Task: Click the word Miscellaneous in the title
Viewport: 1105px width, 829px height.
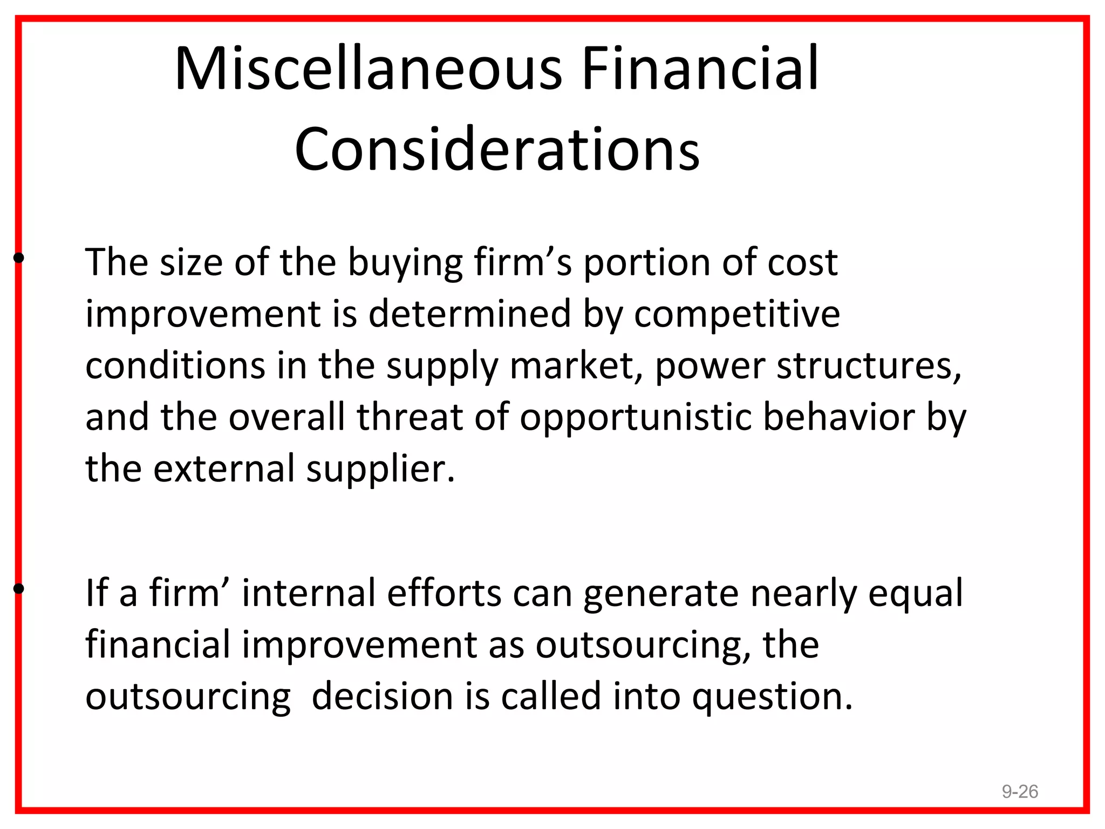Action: pos(369,69)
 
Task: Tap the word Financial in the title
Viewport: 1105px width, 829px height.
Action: pos(700,69)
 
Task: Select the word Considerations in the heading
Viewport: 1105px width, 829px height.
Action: pos(497,149)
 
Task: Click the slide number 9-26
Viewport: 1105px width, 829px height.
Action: pos(1020,791)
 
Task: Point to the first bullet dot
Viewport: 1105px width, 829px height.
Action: pos(19,259)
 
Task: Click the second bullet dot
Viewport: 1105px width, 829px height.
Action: pos(19,589)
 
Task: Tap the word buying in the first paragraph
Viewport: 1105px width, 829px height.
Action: pos(404,263)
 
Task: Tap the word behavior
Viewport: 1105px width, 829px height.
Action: pos(838,417)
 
